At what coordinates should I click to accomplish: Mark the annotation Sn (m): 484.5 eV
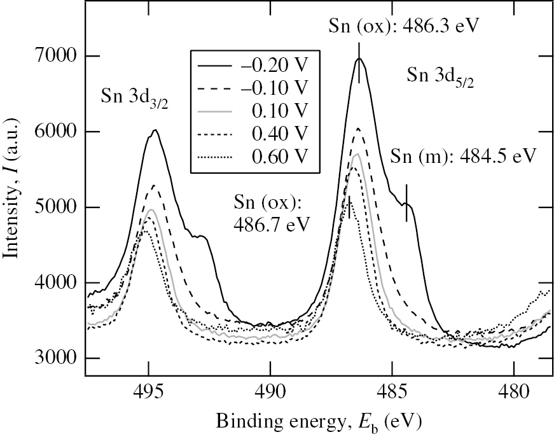pos(464,157)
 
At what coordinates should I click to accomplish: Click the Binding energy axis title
pos(317,421)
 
